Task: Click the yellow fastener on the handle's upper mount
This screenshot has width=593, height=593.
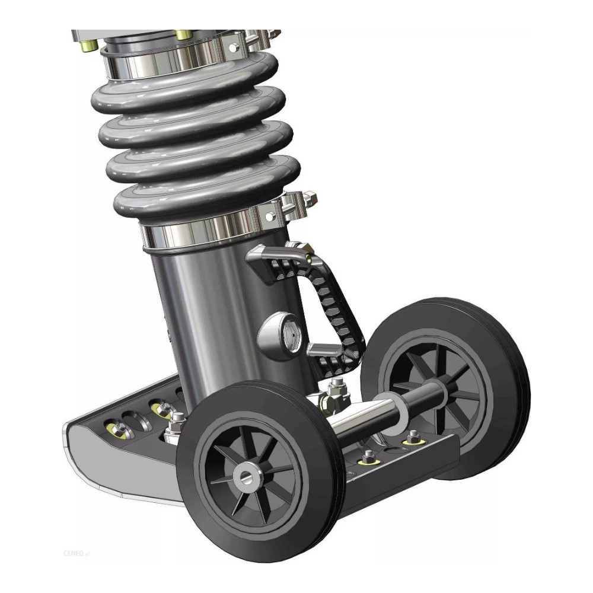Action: (309, 259)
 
